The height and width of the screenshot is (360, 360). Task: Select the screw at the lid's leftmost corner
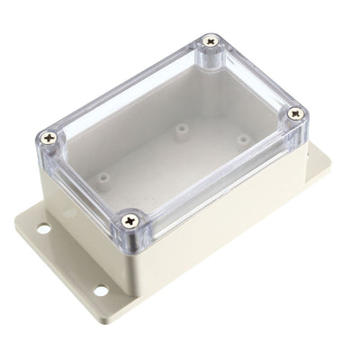pyautogui.click(x=49, y=137)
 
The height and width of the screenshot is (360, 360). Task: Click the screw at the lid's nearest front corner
pyautogui.click(x=131, y=217)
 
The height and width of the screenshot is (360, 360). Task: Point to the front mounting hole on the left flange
pyautogui.click(x=100, y=290)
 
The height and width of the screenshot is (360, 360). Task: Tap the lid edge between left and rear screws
pyautogui.click(x=126, y=90)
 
